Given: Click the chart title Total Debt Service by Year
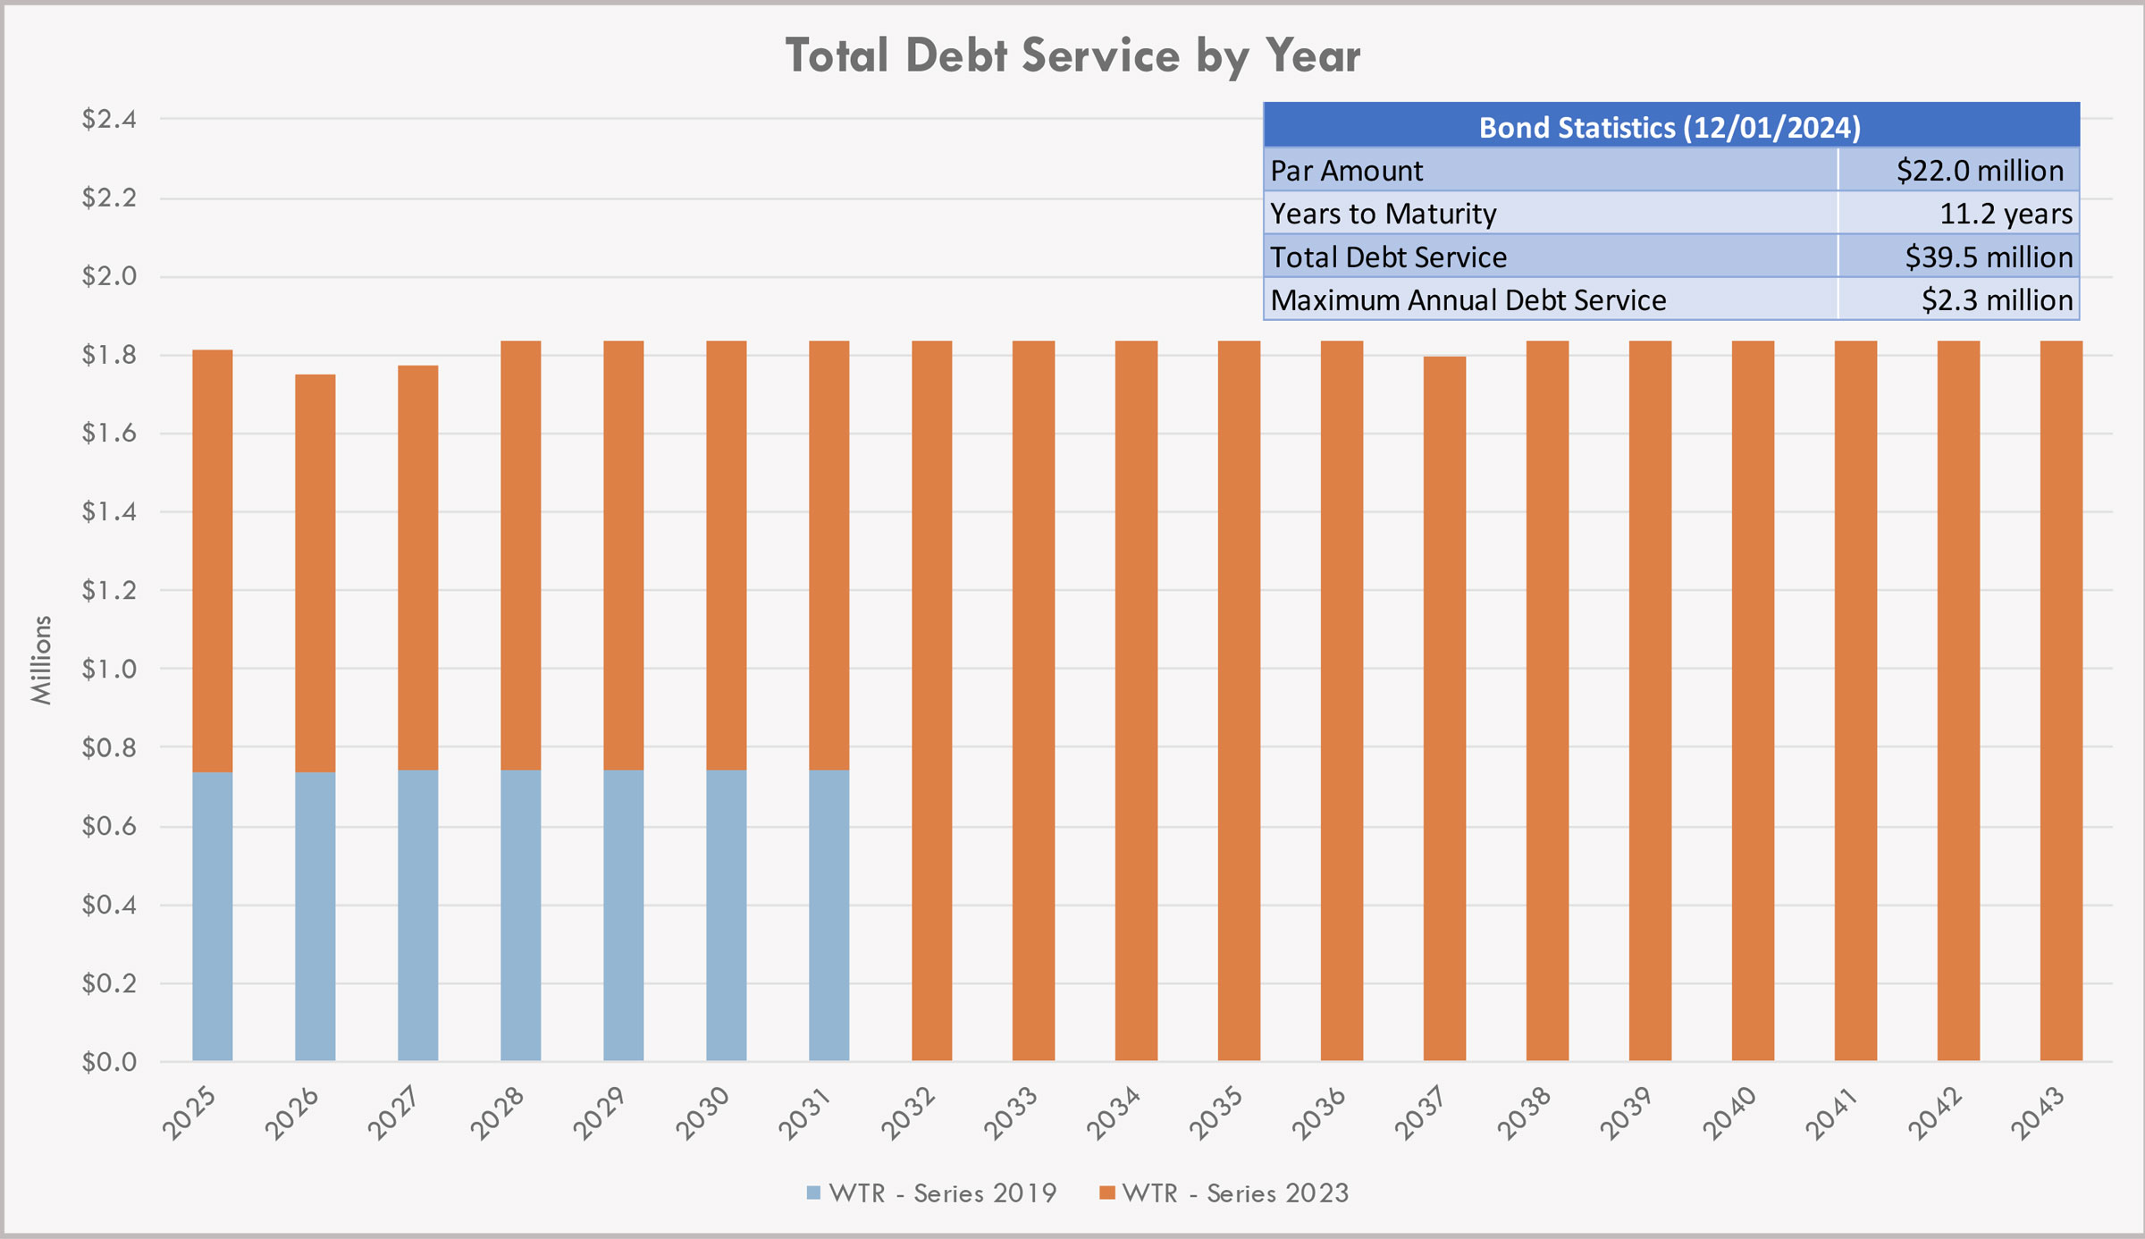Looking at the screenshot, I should [1072, 55].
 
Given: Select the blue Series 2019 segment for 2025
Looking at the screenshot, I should [213, 916].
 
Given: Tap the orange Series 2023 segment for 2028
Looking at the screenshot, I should [520, 554].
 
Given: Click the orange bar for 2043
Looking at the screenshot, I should [2061, 701].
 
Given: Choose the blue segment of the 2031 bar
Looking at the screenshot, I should [829, 915].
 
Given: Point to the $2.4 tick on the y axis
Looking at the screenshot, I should [109, 119].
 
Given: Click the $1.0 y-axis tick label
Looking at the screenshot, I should [109, 669].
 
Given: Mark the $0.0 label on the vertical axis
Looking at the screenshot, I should [109, 1062].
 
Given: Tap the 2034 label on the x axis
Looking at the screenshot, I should [1114, 1112].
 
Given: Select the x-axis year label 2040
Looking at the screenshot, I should [1730, 1112].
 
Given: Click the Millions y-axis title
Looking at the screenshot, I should [41, 660].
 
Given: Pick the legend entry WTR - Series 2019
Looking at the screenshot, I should [931, 1193].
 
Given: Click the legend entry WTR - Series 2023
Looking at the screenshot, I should [1224, 1193].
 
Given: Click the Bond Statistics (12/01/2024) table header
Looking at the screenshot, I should [1670, 127].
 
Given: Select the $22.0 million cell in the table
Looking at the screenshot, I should [1979, 170].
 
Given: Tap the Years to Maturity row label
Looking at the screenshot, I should [1383, 214].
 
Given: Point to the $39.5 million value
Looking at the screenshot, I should [1988, 257].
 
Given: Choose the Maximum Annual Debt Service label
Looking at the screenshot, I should [1468, 299].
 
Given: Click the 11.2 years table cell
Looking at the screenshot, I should [2005, 214].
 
